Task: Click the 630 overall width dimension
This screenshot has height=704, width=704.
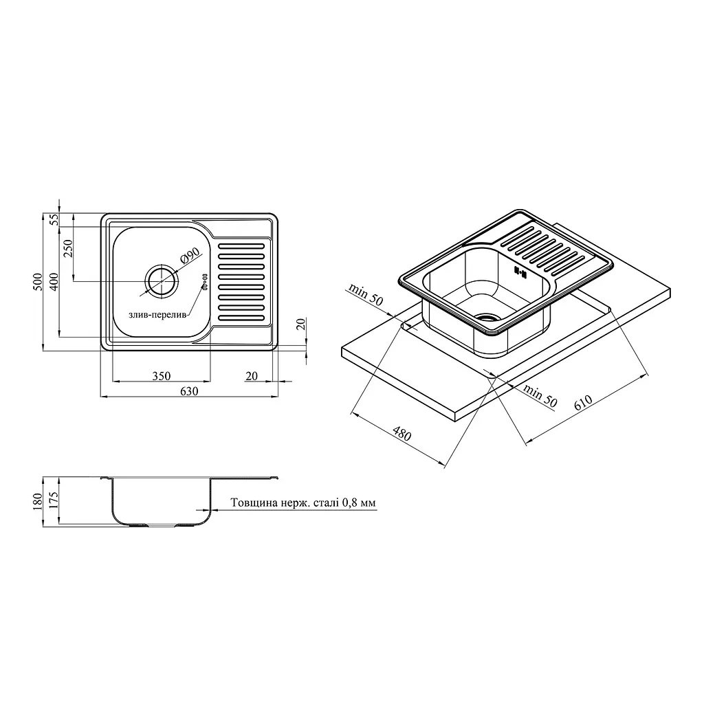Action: point(189,391)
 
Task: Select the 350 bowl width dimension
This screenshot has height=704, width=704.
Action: point(161,376)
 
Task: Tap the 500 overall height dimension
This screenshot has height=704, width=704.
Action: point(38,281)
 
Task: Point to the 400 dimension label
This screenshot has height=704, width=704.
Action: point(54,281)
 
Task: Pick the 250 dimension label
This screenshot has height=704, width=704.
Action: point(68,248)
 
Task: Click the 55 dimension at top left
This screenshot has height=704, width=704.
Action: point(54,219)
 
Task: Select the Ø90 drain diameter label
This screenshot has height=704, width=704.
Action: point(190,256)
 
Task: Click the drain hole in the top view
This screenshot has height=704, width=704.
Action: point(161,281)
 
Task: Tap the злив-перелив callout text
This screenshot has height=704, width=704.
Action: point(157,315)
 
